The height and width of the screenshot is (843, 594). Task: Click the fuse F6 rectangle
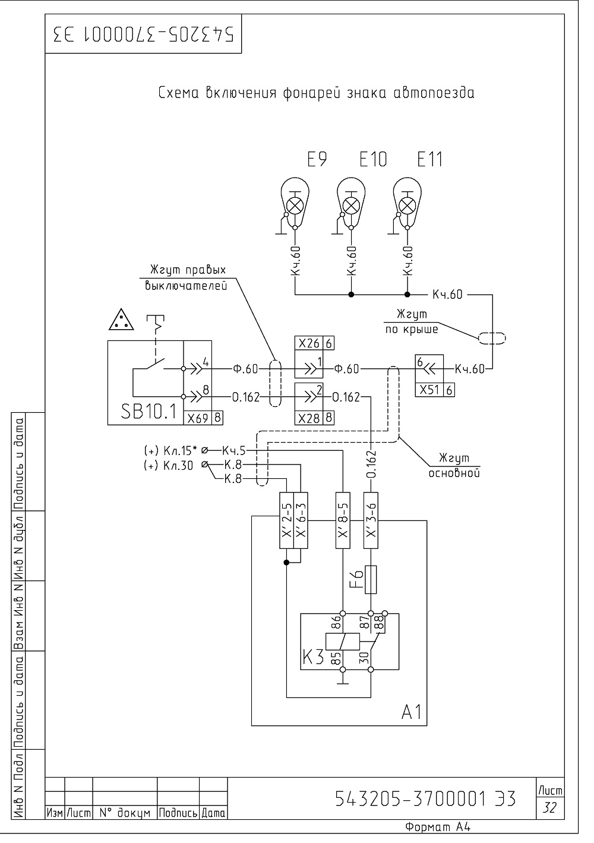tap(371, 579)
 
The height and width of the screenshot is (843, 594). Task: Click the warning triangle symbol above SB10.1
tap(121, 320)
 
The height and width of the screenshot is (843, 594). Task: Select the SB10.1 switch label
tap(148, 411)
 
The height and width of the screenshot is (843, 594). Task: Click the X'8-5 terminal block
tap(343, 520)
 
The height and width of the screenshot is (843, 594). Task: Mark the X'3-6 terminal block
tap(371, 520)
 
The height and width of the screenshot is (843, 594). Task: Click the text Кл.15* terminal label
tap(180, 450)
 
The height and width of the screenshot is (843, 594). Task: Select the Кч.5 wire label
tap(233, 450)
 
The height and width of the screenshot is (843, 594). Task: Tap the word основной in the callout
tap(454, 473)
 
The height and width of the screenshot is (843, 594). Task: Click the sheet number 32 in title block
tap(550, 807)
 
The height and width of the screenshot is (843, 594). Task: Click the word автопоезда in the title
tap(434, 93)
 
